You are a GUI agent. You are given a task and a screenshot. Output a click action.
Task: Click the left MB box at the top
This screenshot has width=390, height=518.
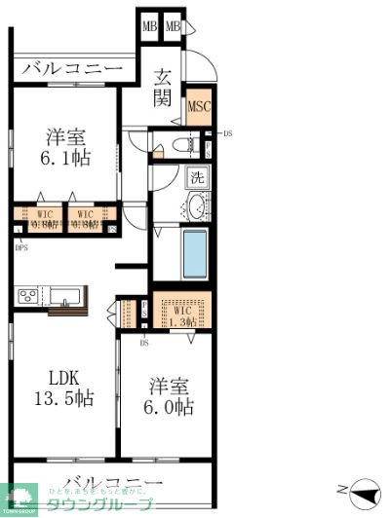pyautogui.click(x=149, y=26)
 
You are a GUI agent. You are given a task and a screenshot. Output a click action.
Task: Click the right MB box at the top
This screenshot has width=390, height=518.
pyautogui.click(x=173, y=26)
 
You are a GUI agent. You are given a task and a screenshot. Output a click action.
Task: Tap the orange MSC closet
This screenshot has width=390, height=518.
pyautogui.click(x=199, y=107)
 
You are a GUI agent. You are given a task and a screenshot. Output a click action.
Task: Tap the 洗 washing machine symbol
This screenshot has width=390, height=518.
pyautogui.click(x=197, y=178)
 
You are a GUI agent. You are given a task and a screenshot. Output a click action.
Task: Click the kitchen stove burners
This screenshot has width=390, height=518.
pyautogui.click(x=26, y=294)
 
